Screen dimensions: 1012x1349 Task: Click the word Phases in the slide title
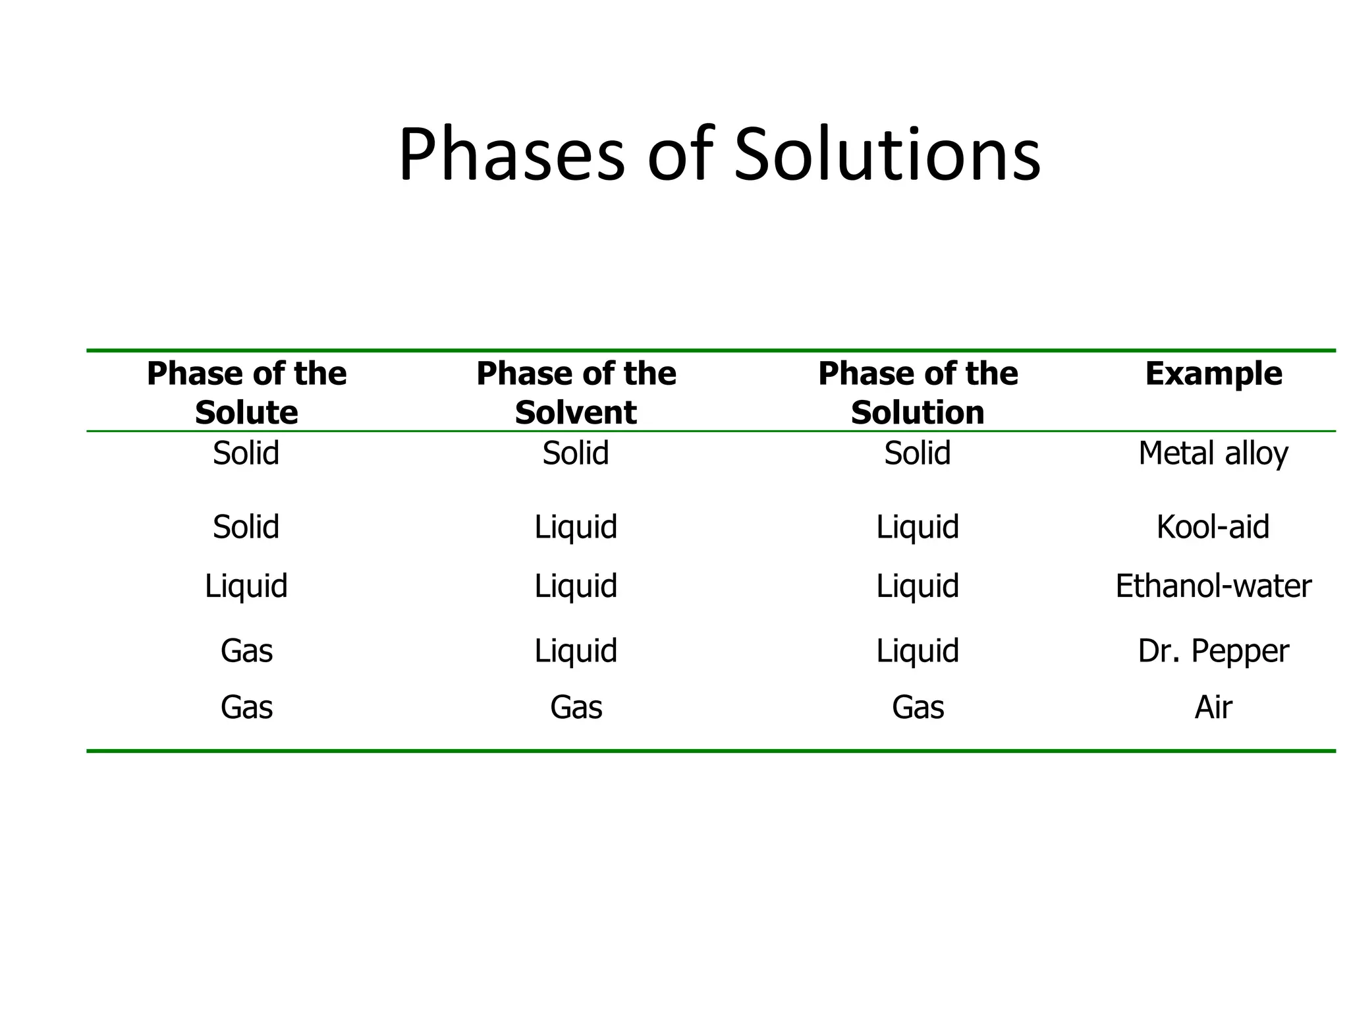(511, 155)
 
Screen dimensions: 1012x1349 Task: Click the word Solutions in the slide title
(887, 155)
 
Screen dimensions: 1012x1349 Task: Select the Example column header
(1213, 374)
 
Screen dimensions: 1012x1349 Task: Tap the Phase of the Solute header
(246, 393)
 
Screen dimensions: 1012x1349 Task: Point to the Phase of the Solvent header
(576, 393)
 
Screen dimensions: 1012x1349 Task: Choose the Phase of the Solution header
(918, 393)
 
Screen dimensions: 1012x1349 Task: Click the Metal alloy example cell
(1213, 454)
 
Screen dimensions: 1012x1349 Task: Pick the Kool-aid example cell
(1213, 527)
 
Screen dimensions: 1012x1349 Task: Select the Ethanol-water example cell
(1213, 586)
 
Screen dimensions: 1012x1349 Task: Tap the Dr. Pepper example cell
(1213, 651)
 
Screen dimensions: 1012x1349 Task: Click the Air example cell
(1213, 708)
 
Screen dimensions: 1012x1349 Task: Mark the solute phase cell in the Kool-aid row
(246, 527)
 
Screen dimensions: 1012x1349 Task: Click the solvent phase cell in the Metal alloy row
(576, 453)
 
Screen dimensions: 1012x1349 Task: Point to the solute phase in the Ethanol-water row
(246, 586)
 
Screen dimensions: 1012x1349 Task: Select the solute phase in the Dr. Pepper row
(246, 651)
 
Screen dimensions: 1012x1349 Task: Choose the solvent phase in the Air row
(576, 708)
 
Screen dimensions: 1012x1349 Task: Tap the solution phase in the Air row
(918, 708)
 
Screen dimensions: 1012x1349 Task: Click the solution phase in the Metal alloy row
(918, 453)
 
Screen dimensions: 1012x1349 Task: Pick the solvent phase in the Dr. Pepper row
(576, 651)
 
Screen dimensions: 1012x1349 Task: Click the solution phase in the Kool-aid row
(918, 527)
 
